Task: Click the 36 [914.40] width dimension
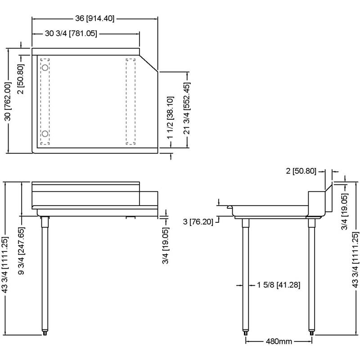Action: point(94,18)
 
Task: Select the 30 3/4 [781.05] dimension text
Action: point(71,33)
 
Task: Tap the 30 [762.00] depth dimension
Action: point(8,102)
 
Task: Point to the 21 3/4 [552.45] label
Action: point(187,108)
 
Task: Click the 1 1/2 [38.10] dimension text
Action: point(170,117)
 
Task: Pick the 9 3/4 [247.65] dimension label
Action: point(21,247)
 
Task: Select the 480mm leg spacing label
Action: point(279,341)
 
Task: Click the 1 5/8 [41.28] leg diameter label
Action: point(279,285)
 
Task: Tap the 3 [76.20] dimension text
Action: point(198,222)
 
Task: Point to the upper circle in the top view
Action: point(45,68)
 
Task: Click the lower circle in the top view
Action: point(45,134)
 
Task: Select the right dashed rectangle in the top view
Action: point(130,102)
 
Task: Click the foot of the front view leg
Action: point(45,333)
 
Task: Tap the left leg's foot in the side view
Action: point(245,333)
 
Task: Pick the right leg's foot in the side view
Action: point(311,333)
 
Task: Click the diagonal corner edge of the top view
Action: point(149,63)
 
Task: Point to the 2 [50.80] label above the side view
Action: point(301,171)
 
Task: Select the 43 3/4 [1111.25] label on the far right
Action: point(355,260)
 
